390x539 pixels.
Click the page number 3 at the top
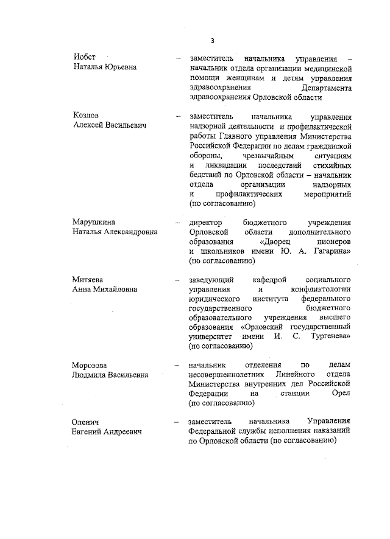tap(212, 41)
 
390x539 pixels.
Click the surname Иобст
tap(83, 57)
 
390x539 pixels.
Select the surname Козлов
tap(85, 116)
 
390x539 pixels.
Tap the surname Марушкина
tap(94, 222)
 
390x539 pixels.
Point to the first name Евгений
tap(89, 432)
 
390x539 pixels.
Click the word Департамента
tap(325, 88)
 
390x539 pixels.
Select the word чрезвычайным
tap(250, 156)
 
